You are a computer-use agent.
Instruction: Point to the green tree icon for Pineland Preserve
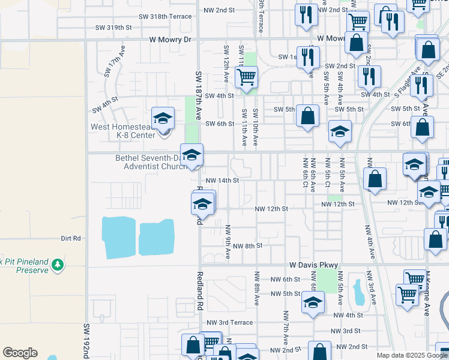point(58,264)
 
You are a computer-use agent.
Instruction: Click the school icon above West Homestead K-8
point(162,118)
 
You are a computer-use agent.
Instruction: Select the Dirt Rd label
point(71,238)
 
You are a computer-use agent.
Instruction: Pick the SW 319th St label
point(113,28)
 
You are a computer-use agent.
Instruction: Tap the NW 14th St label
point(222,180)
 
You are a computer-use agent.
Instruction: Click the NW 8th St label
point(248,246)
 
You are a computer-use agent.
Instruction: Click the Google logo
point(20,353)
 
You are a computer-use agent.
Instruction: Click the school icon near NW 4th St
point(313,303)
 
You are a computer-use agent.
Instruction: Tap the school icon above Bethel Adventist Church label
point(191,155)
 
